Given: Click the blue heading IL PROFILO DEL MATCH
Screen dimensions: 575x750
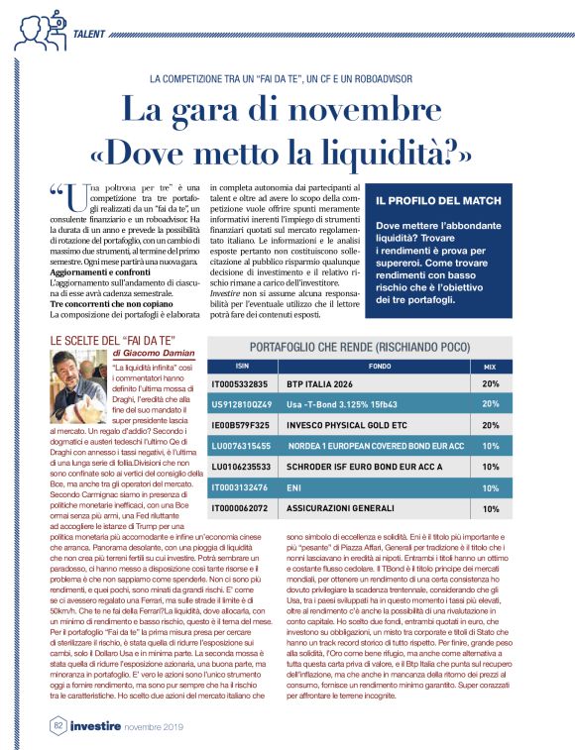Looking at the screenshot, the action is [442, 200].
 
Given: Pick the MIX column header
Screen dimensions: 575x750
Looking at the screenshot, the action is [489, 366].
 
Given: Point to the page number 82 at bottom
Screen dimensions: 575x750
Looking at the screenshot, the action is [58, 726].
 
